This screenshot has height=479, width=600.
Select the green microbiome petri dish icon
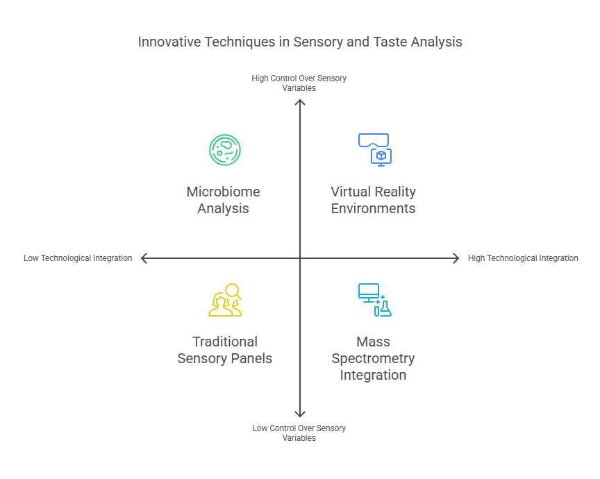pos(224,150)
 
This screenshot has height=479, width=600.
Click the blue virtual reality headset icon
pos(374,141)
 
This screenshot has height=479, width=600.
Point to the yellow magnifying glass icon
pos(233,292)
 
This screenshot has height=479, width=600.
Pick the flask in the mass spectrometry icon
pos(385,309)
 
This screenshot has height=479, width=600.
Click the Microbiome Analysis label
pos(223,200)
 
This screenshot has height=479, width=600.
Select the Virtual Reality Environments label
pos(373,200)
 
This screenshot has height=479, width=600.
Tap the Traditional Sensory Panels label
pos(224,350)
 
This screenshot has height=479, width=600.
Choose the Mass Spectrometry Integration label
pos(373,358)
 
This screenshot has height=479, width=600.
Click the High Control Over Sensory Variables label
pos(299,83)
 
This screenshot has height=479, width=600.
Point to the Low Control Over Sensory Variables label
pos(299,433)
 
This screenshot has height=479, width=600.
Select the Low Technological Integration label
pos(78,258)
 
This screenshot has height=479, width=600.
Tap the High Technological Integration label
pos(523,258)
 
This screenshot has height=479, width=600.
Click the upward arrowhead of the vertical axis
pos(300,102)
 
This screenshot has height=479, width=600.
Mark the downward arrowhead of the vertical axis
pos(300,414)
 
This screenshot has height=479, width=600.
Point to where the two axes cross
pos(300,258)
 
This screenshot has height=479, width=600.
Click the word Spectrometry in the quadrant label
pos(373,358)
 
